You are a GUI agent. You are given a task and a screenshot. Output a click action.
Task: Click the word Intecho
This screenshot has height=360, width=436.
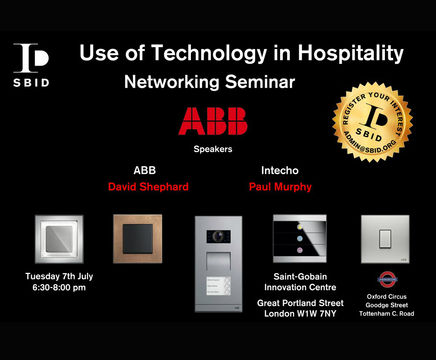pyautogui.click(x=272, y=169)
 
